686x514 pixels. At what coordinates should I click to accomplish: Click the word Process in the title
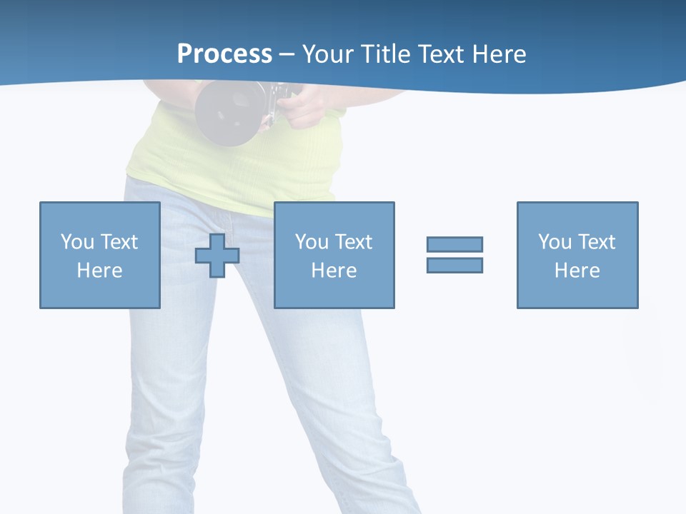(x=224, y=54)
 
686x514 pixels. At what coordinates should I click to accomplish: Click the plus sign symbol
(x=217, y=256)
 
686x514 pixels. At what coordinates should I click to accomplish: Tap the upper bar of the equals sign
(x=454, y=244)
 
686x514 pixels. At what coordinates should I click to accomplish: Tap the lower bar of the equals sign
(x=454, y=265)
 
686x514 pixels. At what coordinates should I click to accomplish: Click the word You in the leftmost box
(x=77, y=242)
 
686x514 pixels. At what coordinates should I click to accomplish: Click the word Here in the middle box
(x=334, y=271)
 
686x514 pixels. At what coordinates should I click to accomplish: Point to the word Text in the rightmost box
(x=596, y=242)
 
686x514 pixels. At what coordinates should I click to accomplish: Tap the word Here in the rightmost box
(x=577, y=271)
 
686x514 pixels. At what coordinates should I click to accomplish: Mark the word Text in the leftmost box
(x=119, y=242)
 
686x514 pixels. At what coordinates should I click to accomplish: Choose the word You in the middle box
(x=312, y=242)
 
